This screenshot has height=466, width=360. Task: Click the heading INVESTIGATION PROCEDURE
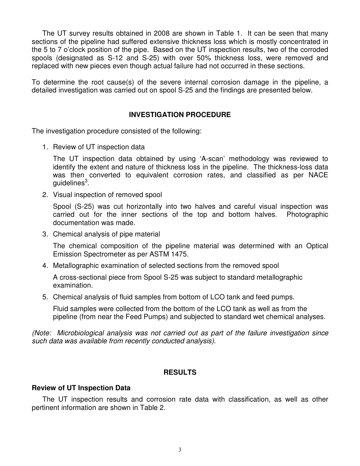pos(180,115)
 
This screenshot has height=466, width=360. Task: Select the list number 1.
pos(45,147)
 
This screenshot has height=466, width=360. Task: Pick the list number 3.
pos(45,234)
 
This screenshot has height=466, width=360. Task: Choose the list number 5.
pos(45,297)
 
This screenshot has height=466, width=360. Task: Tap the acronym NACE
pos(319,175)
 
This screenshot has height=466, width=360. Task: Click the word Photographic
pos(307,214)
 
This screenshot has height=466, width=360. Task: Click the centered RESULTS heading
pos(180,372)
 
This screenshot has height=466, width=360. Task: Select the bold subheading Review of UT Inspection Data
pos(81,388)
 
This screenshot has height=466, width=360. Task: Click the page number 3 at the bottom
pos(180,450)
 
